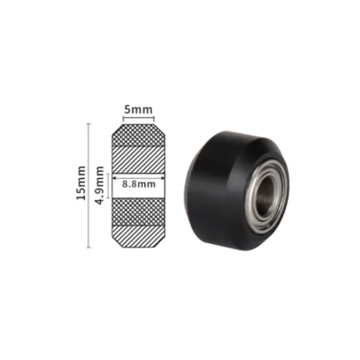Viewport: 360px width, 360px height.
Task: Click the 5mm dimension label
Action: [x=139, y=110]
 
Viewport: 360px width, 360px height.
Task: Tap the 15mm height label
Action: [x=82, y=185]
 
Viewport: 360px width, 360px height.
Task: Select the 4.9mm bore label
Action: [x=100, y=185]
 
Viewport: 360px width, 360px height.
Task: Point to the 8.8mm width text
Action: [x=139, y=185]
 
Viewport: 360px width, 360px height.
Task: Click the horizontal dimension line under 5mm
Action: [x=139, y=119]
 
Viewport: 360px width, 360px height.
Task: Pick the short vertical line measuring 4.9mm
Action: [x=107, y=185]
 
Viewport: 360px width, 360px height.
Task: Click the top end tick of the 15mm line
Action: [x=89, y=124]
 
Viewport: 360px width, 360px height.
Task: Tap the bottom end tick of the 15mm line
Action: [x=89, y=247]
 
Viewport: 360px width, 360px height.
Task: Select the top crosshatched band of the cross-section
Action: [x=139, y=136]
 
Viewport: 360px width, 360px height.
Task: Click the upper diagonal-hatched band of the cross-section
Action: [x=139, y=160]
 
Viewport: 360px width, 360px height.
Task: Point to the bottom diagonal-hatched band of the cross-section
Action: [x=139, y=235]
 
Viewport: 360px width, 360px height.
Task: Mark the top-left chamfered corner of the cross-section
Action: [x=115, y=128]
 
